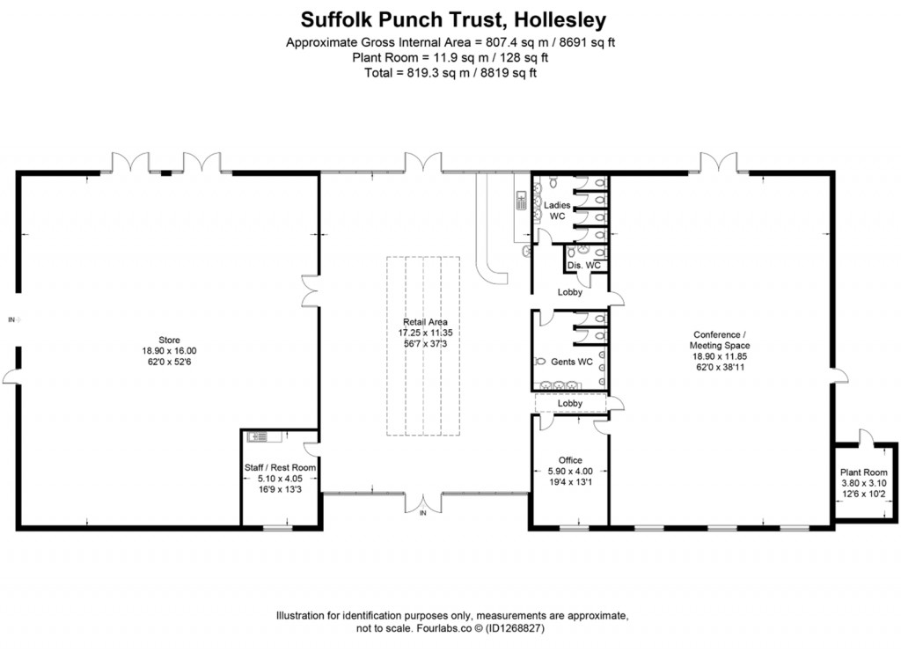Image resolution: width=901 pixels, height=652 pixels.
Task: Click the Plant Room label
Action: pyautogui.click(x=863, y=472)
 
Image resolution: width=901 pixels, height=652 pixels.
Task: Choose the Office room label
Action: pyautogui.click(x=570, y=460)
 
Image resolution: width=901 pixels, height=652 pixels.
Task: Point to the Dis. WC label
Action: pyautogui.click(x=583, y=265)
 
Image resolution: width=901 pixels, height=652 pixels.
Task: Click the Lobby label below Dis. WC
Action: pyautogui.click(x=570, y=293)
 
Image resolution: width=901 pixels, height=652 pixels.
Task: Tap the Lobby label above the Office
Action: pyautogui.click(x=570, y=404)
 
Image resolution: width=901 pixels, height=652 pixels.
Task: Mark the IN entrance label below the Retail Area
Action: pyautogui.click(x=422, y=513)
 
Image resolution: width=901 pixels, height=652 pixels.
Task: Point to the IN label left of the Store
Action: pyautogui.click(x=11, y=319)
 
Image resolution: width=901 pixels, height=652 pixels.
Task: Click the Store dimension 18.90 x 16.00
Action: pyautogui.click(x=169, y=349)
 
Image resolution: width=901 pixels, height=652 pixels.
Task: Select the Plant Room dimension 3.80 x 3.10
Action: pyautogui.click(x=863, y=483)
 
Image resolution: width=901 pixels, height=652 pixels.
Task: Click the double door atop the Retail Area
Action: pyautogui.click(x=422, y=162)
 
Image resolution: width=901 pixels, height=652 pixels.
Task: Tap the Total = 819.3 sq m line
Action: pyautogui.click(x=450, y=73)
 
